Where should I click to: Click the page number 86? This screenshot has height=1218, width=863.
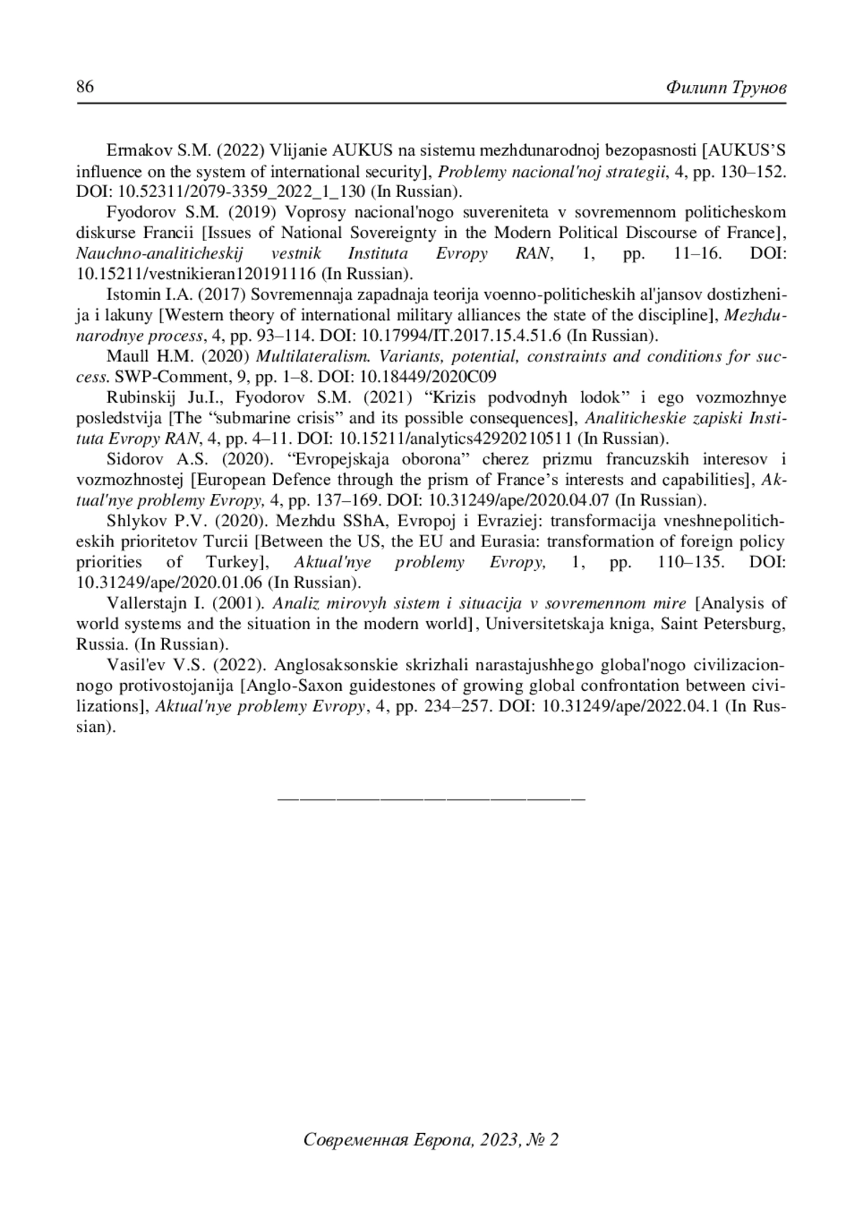pyautogui.click(x=85, y=88)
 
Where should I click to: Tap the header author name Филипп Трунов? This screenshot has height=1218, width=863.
pyautogui.click(x=726, y=88)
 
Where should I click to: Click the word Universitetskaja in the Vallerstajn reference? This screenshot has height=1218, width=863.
pyautogui.click(x=538, y=623)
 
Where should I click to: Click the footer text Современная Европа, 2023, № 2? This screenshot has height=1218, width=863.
pyautogui.click(x=431, y=1140)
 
